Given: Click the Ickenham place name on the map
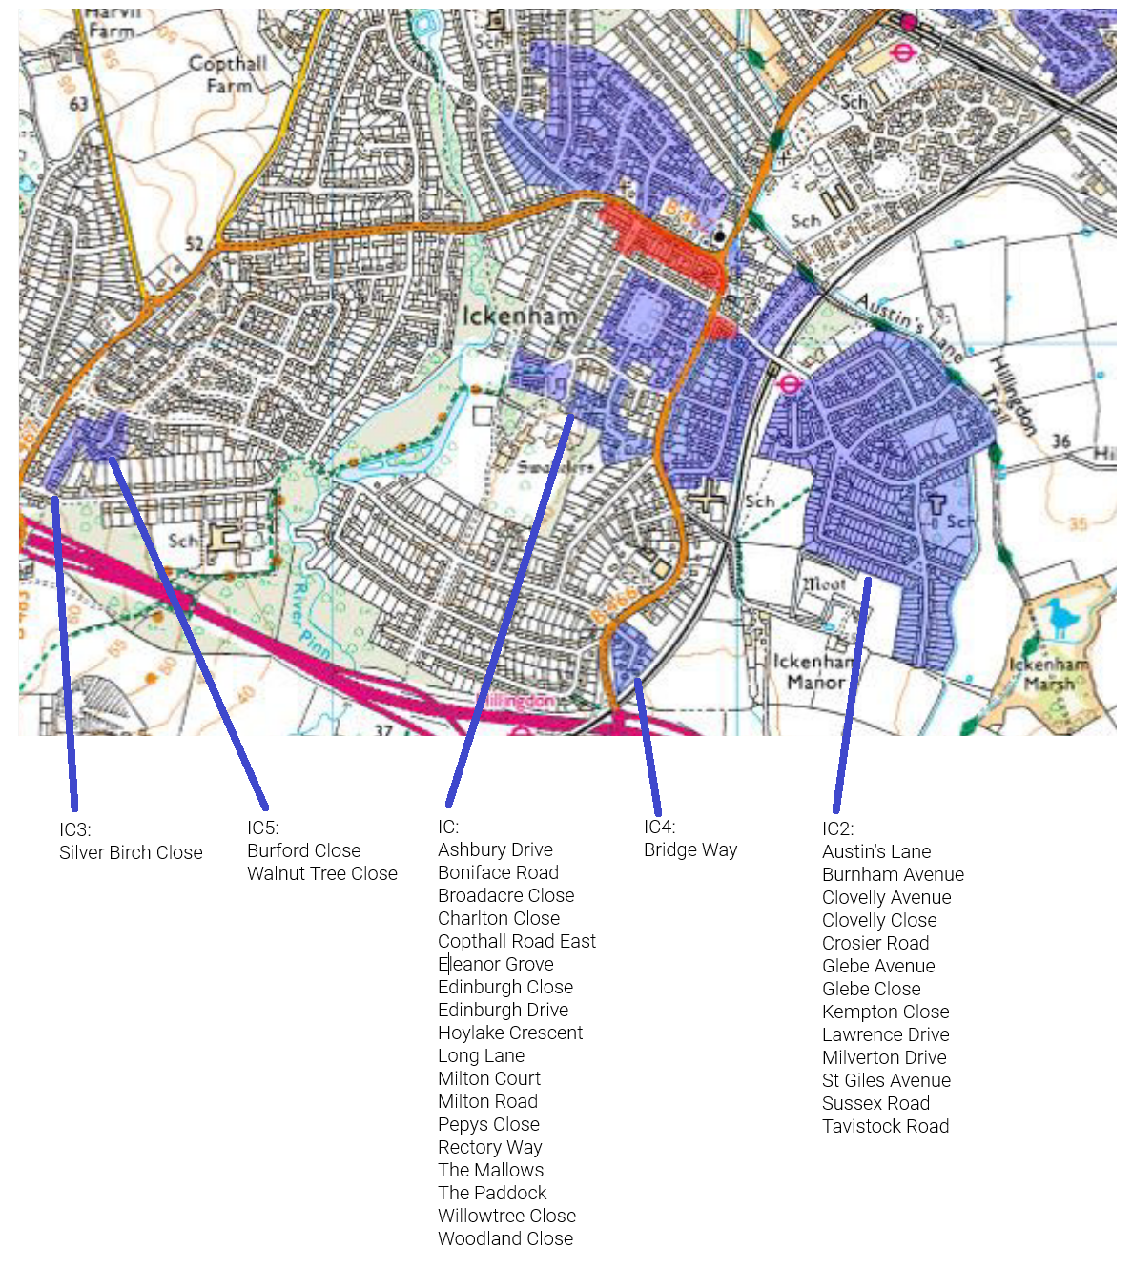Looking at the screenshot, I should pos(520,316).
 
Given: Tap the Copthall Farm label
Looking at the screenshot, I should pos(228,74).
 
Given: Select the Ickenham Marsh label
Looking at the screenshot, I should pos(1049,674).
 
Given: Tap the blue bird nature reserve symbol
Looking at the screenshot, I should pos(1060,618).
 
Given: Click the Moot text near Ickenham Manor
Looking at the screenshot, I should pos(824,583).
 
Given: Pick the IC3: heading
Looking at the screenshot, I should pos(74,829).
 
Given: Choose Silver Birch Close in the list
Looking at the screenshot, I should pos(131,852).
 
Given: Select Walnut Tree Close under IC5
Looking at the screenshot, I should pos(322,873).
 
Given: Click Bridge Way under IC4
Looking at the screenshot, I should pos(690,849).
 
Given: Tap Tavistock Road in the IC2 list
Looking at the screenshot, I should pos(885,1126).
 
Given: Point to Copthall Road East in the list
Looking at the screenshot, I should pos(517,941).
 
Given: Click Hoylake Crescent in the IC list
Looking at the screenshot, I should pos(510,1033).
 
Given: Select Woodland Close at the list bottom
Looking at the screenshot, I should pos(505,1238).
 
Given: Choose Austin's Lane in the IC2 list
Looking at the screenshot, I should pos(876,851).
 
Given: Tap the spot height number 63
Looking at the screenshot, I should pos(78,103).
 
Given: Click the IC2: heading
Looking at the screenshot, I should pos(837,828).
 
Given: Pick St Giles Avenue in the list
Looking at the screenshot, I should pos(886,1080).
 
